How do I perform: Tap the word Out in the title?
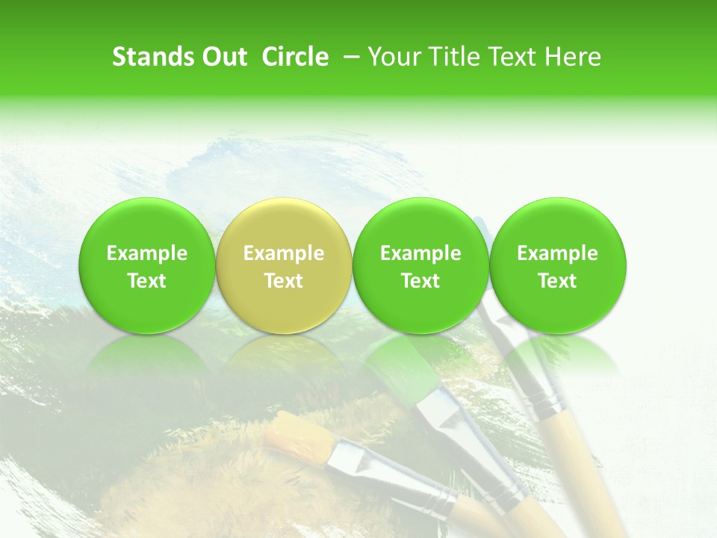(x=223, y=57)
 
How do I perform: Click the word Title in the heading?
(x=457, y=57)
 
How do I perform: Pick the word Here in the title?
(x=572, y=57)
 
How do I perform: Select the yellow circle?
(x=284, y=265)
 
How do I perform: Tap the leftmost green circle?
(x=146, y=265)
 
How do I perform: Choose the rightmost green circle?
(x=558, y=265)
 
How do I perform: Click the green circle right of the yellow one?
(x=420, y=265)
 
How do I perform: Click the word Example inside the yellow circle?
(x=284, y=253)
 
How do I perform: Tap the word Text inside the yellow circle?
(x=284, y=281)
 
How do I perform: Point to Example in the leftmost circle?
(x=146, y=253)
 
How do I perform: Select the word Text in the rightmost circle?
(x=558, y=281)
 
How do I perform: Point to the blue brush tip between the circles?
(x=482, y=227)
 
